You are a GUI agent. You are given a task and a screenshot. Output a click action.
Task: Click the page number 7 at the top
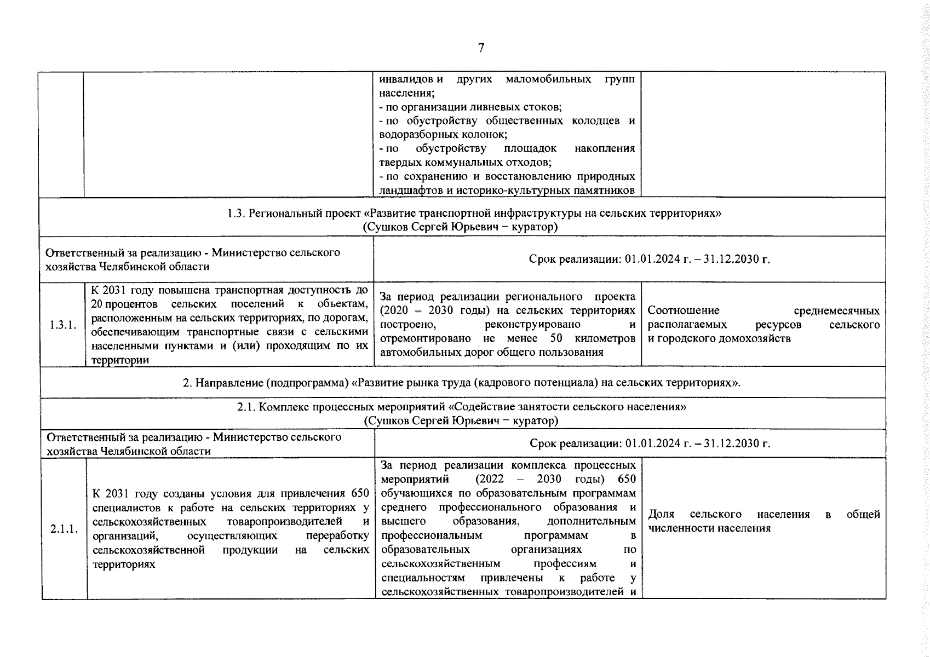(x=481, y=48)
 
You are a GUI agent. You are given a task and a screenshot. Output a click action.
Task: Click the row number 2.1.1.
(x=64, y=529)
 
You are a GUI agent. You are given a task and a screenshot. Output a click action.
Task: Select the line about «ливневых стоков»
(x=470, y=107)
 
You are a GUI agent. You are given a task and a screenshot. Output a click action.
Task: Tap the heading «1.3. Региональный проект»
(x=295, y=214)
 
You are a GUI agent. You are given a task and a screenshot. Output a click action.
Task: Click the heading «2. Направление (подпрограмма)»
(x=266, y=383)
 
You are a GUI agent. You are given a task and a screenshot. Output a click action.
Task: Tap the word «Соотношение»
(x=683, y=311)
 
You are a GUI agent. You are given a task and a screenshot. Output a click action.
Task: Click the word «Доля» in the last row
(x=661, y=515)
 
